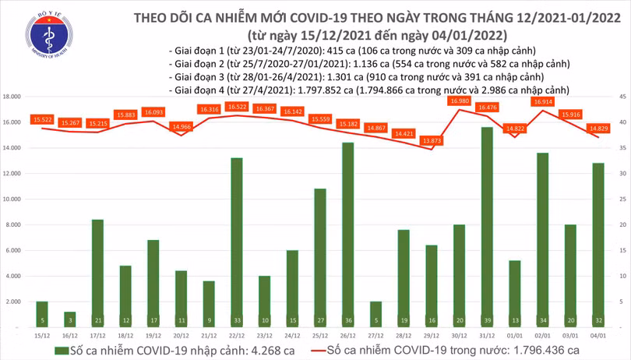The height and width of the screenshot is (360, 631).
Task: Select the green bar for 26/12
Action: pyautogui.click(x=347, y=234)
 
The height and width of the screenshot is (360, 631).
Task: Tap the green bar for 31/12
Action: pyautogui.click(x=486, y=226)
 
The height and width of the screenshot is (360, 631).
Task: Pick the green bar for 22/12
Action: pyautogui.click(x=236, y=242)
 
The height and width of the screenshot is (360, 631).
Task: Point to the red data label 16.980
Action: pyautogui.click(x=459, y=101)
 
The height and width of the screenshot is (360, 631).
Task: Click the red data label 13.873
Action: pyautogui.click(x=430, y=140)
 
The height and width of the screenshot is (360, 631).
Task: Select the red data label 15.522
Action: pyautogui.click(x=42, y=119)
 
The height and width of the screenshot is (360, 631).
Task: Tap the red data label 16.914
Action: pyautogui.click(x=542, y=101)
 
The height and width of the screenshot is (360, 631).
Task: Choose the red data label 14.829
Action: pyautogui.click(x=598, y=128)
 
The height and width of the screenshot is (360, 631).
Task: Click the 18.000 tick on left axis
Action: pyautogui.click(x=11, y=97)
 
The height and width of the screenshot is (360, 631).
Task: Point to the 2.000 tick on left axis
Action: pyautogui.click(x=12, y=301)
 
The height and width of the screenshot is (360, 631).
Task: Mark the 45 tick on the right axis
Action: pyautogui.click(x=623, y=97)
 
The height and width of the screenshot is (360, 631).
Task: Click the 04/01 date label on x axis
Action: pyautogui.click(x=598, y=334)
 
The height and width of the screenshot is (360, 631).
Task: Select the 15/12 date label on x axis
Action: pyautogui.click(x=42, y=334)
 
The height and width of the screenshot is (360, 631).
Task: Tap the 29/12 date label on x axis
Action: pyautogui.click(x=431, y=334)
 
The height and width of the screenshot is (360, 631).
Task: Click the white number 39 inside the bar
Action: pyautogui.click(x=486, y=319)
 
